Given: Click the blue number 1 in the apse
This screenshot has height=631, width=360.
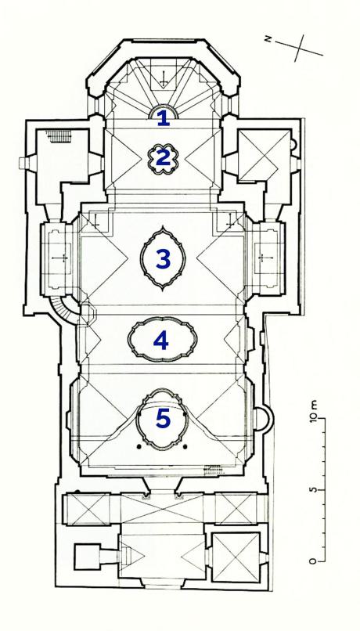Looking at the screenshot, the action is click(163, 118).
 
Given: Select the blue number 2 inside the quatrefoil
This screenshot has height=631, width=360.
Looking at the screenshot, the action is click(163, 158).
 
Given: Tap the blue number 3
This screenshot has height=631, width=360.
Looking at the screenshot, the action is click(163, 259).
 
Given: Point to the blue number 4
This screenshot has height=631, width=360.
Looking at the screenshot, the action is click(161, 341).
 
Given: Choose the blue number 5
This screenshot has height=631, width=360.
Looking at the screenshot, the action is click(163, 419).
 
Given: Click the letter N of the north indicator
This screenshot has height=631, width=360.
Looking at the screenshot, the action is click(268, 38).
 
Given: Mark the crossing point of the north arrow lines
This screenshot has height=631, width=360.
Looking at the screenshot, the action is click(300, 48).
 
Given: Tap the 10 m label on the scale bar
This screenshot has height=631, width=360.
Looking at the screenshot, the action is click(313, 411).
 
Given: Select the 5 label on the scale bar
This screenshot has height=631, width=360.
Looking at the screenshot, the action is click(313, 490).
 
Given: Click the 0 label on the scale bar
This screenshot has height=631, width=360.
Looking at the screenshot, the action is click(313, 561).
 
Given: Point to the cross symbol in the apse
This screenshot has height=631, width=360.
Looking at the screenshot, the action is click(164, 78).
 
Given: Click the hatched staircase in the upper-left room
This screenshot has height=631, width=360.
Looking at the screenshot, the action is click(59, 135).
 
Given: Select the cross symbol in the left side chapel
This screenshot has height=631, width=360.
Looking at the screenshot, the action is click(63, 257).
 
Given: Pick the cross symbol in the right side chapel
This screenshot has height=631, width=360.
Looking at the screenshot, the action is click(262, 258).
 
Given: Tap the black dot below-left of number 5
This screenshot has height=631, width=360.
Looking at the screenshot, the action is click(139, 446).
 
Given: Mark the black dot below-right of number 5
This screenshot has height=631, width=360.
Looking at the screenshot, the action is click(185, 446).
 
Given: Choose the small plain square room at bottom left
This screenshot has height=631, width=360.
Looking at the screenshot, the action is click(87, 557).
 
